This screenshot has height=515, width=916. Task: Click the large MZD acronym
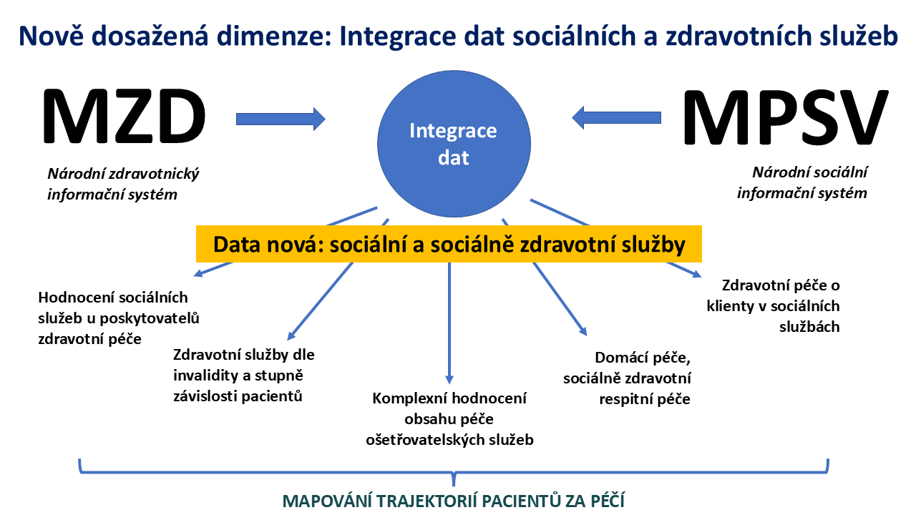click(x=124, y=117)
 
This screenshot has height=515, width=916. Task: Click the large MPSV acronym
click(x=785, y=117)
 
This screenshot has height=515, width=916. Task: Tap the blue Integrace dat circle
click(x=454, y=144)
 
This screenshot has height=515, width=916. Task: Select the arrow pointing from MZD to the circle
click(x=281, y=119)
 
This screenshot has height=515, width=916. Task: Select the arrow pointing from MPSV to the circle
click(x=616, y=118)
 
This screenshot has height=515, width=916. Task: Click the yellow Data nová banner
click(x=449, y=244)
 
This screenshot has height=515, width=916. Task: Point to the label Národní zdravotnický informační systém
click(x=124, y=184)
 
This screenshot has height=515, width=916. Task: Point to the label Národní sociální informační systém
click(x=802, y=182)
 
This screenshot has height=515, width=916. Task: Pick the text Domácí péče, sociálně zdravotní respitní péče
click(x=627, y=378)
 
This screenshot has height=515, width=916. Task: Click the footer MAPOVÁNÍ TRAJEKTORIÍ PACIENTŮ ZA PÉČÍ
click(x=454, y=501)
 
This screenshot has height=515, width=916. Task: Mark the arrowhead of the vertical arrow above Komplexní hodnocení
click(x=449, y=379)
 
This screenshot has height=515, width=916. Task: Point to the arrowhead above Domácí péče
click(x=583, y=330)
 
